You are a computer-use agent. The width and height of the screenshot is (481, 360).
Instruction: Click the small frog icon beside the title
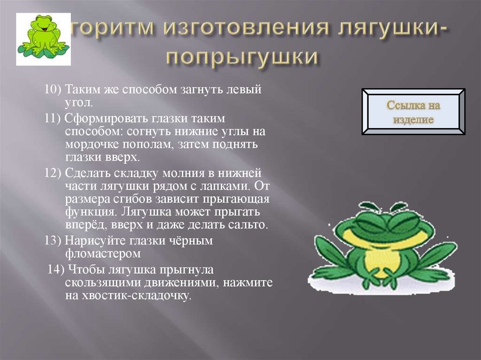(x=43, y=39)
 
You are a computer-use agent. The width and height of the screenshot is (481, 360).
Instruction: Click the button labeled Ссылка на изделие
(x=414, y=112)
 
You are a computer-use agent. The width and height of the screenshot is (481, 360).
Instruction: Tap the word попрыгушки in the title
(x=241, y=56)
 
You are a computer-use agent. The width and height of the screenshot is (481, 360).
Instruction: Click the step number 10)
(x=53, y=90)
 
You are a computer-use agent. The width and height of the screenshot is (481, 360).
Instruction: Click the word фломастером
(x=103, y=254)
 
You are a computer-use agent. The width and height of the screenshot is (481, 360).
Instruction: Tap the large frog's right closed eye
(x=405, y=221)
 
